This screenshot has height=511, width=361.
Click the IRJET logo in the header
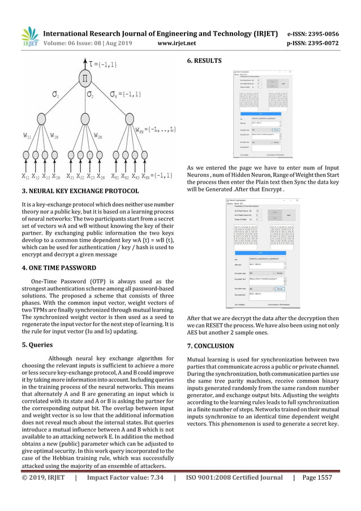click(x=28, y=36)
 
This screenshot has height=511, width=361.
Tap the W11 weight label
click(x=28, y=136)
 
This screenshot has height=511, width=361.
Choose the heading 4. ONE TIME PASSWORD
click(x=59, y=267)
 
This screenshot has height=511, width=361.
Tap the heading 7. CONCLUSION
click(x=210, y=346)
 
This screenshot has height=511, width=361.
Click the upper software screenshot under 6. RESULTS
click(x=264, y=115)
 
